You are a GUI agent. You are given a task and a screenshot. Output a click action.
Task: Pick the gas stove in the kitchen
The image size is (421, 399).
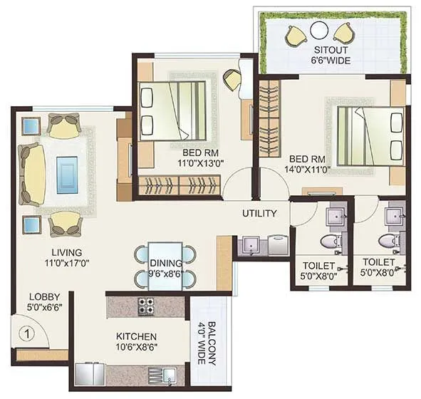coord(148,306)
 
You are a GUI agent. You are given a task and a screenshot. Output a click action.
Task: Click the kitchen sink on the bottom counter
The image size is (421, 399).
coord(157,375)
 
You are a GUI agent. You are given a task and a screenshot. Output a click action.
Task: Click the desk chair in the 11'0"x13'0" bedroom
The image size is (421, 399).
coord(232,79)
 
